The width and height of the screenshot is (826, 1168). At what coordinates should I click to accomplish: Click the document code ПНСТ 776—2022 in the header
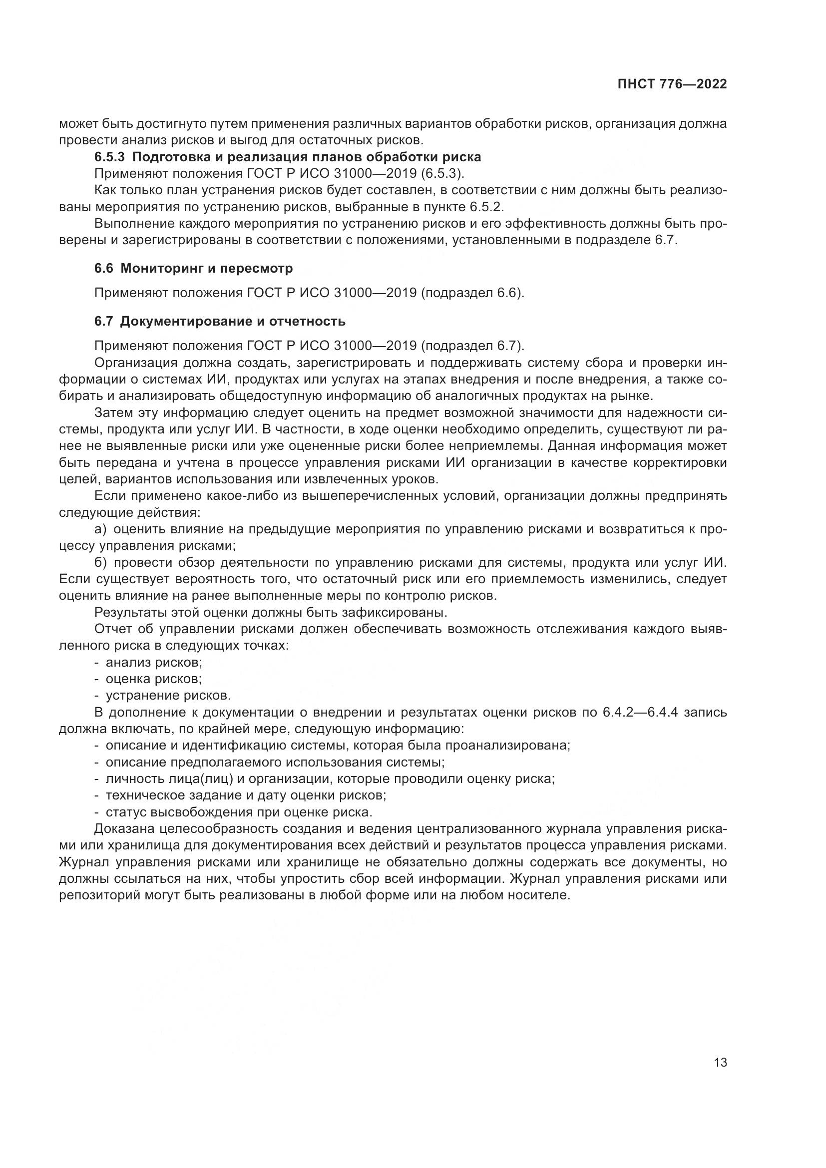pos(672,84)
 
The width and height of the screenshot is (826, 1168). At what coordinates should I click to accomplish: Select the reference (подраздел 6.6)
pos(472,293)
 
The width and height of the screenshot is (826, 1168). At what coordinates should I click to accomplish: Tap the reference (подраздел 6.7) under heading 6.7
pos(472,346)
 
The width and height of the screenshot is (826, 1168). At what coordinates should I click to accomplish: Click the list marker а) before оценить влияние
pos(101,529)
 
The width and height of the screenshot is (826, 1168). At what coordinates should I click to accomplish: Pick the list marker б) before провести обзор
pos(101,563)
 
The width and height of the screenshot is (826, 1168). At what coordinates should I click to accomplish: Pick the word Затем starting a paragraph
pos(112,412)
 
